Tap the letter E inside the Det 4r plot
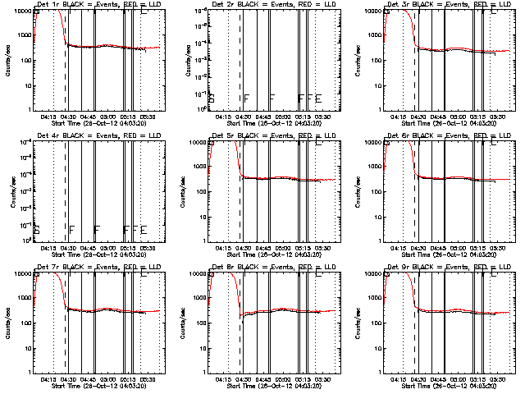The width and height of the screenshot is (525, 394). coord(144,229)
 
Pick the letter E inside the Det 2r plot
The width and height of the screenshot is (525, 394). coord(318,98)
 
